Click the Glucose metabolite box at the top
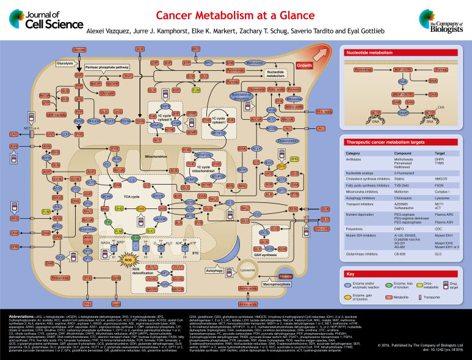[79, 48]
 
